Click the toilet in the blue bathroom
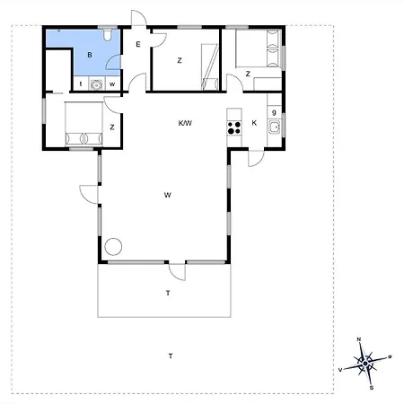pyautogui.click(x=108, y=35)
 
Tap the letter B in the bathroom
pyautogui.click(x=90, y=55)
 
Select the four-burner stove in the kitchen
pyautogui.click(x=234, y=127)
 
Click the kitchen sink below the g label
pyautogui.click(x=275, y=127)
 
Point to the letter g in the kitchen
pyautogui.click(x=274, y=112)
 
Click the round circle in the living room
pyautogui.click(x=113, y=247)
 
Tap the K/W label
pyautogui.click(x=185, y=123)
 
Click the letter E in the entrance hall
pyautogui.click(x=138, y=44)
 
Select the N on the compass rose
pyautogui.click(x=359, y=339)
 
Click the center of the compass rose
pyautogui.click(x=365, y=364)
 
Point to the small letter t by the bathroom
pyautogui.click(x=81, y=84)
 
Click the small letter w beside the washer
pyautogui.click(x=112, y=84)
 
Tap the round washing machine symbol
pyautogui.click(x=96, y=84)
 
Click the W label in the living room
pyautogui.click(x=168, y=195)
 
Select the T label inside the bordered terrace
pyautogui.click(x=168, y=293)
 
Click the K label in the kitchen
pyautogui.click(x=254, y=123)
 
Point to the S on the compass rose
pyautogui.click(x=372, y=388)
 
